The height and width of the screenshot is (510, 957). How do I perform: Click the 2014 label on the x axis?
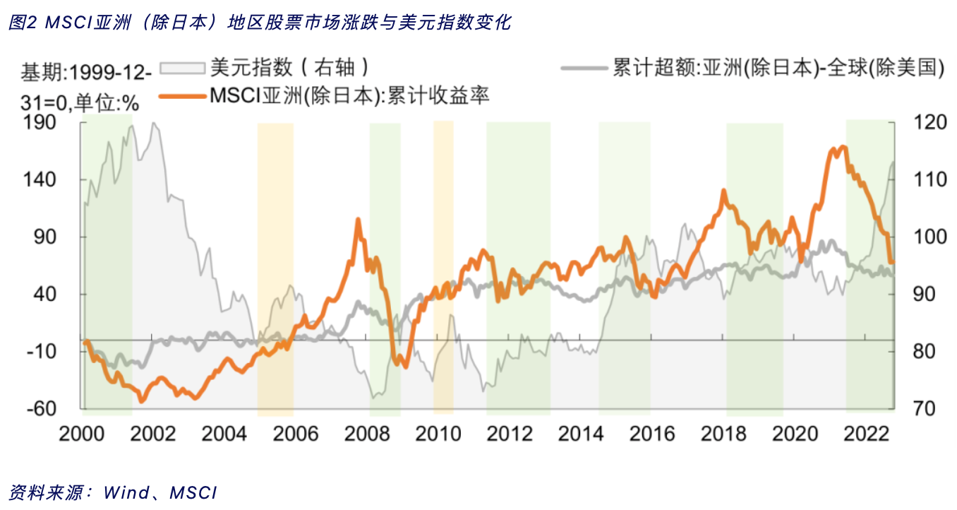pos(582,433)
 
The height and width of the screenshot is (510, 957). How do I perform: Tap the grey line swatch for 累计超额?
pos(584,68)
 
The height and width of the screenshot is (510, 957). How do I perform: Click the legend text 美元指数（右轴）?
pos(290,68)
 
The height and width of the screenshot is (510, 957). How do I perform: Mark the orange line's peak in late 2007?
pos(357,220)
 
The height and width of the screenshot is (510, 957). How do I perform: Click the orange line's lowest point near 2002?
pos(142,401)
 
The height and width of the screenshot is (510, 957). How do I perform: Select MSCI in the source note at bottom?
pos(193,492)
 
